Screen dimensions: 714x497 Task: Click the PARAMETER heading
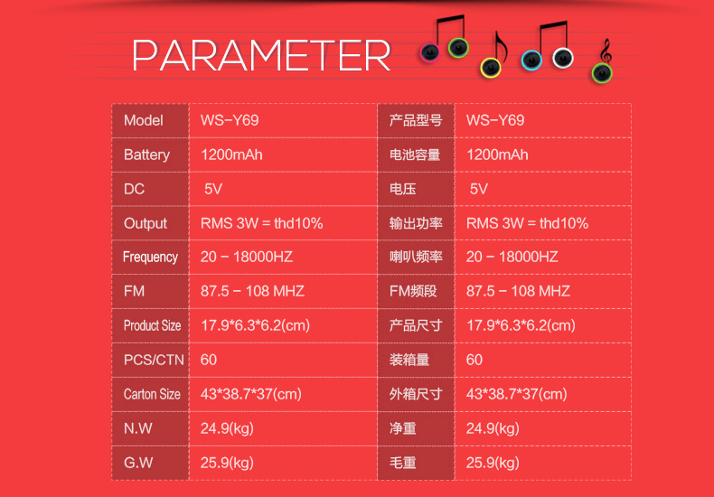[261, 55]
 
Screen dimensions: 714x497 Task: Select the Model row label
[144, 120]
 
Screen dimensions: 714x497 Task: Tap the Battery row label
[146, 155]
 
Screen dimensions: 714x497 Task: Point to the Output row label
[146, 223]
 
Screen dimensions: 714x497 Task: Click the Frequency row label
[150, 258]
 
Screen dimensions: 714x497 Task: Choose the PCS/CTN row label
[154, 360]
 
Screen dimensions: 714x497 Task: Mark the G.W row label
[138, 463]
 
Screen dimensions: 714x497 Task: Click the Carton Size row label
[152, 394]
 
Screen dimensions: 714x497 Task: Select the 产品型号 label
[416, 120]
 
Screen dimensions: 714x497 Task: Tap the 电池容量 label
[415, 155]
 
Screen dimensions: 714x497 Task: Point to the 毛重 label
[402, 463]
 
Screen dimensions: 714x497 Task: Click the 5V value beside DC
[213, 189]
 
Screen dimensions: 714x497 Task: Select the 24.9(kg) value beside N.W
[227, 428]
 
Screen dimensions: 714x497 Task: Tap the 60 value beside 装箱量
[474, 360]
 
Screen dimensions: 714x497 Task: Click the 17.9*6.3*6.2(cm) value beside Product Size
[255, 326]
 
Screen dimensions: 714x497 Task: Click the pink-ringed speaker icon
[430, 52]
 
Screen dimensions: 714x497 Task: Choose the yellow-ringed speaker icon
[491, 69]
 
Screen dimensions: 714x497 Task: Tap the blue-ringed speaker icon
[531, 60]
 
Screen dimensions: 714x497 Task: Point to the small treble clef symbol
[606, 51]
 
